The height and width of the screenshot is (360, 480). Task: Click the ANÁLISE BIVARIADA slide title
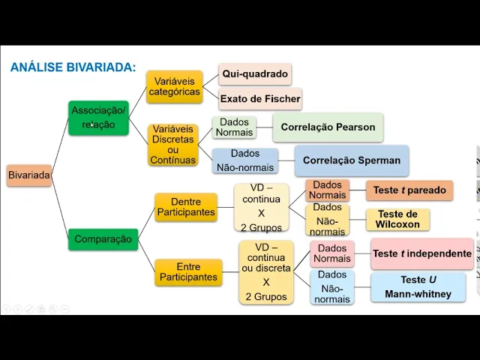pos(73,67)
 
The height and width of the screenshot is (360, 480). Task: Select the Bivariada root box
pos(29,175)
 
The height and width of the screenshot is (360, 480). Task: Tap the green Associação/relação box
pos(98,118)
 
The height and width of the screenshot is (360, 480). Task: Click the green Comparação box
pos(103,239)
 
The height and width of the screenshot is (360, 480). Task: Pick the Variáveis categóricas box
pos(174,86)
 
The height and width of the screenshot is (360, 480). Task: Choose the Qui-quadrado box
pos(255,74)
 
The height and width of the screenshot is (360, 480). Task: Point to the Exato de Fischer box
pos(259,99)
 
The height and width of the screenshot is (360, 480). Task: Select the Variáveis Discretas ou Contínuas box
pos(173,145)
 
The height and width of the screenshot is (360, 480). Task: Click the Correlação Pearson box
pos(328,127)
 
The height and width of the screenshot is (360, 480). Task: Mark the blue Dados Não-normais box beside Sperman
pos(244,160)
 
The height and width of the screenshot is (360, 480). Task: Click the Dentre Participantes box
pos(186,207)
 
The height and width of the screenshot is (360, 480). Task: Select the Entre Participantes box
pos(188,272)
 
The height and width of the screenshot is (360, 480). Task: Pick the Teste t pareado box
pos(409,190)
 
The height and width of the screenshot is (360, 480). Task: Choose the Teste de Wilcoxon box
pos(397,219)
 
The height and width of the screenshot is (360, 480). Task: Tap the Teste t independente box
pos(421,254)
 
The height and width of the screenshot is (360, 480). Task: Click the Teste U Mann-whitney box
pos(418,287)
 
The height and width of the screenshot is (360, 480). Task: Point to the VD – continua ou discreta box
pos(265,272)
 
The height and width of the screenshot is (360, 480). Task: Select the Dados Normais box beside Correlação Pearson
pos(234,127)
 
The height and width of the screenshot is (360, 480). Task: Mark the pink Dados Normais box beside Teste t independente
pos(332,254)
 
